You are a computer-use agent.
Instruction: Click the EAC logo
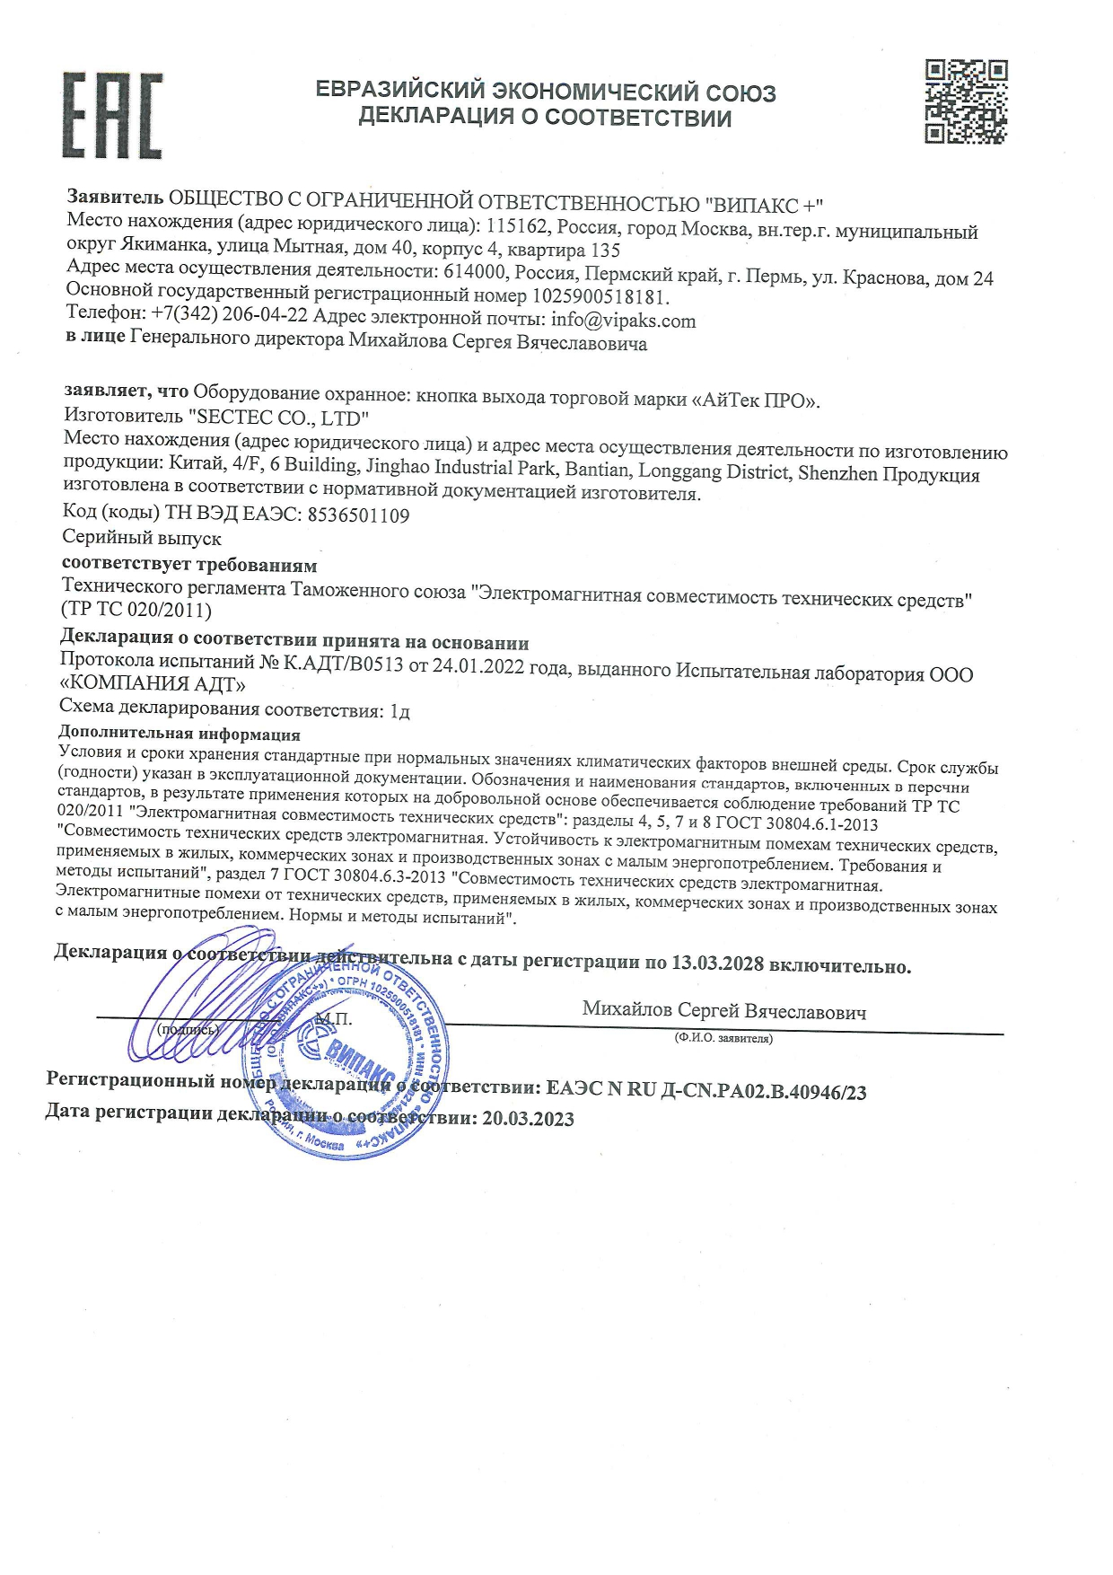(x=112, y=116)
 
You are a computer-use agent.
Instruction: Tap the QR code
(x=966, y=101)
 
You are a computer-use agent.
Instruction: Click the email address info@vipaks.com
(x=624, y=321)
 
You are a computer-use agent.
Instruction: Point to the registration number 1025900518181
(x=600, y=296)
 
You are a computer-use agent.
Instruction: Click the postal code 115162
(x=514, y=227)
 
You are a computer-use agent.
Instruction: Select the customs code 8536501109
(x=358, y=515)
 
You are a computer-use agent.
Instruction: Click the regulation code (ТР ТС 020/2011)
(x=136, y=611)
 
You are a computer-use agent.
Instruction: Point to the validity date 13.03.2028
(x=716, y=964)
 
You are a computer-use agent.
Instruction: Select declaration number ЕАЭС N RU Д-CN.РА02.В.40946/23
(x=705, y=1091)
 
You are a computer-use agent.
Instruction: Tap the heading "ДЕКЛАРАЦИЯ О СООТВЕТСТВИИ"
(x=545, y=118)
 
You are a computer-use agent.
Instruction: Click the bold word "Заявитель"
(x=115, y=198)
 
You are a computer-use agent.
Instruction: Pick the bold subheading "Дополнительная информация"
(x=179, y=735)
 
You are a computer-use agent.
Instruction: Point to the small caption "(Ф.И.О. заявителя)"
(x=723, y=1039)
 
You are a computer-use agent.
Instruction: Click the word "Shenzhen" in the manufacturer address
(x=837, y=474)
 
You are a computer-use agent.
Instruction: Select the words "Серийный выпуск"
(x=142, y=539)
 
